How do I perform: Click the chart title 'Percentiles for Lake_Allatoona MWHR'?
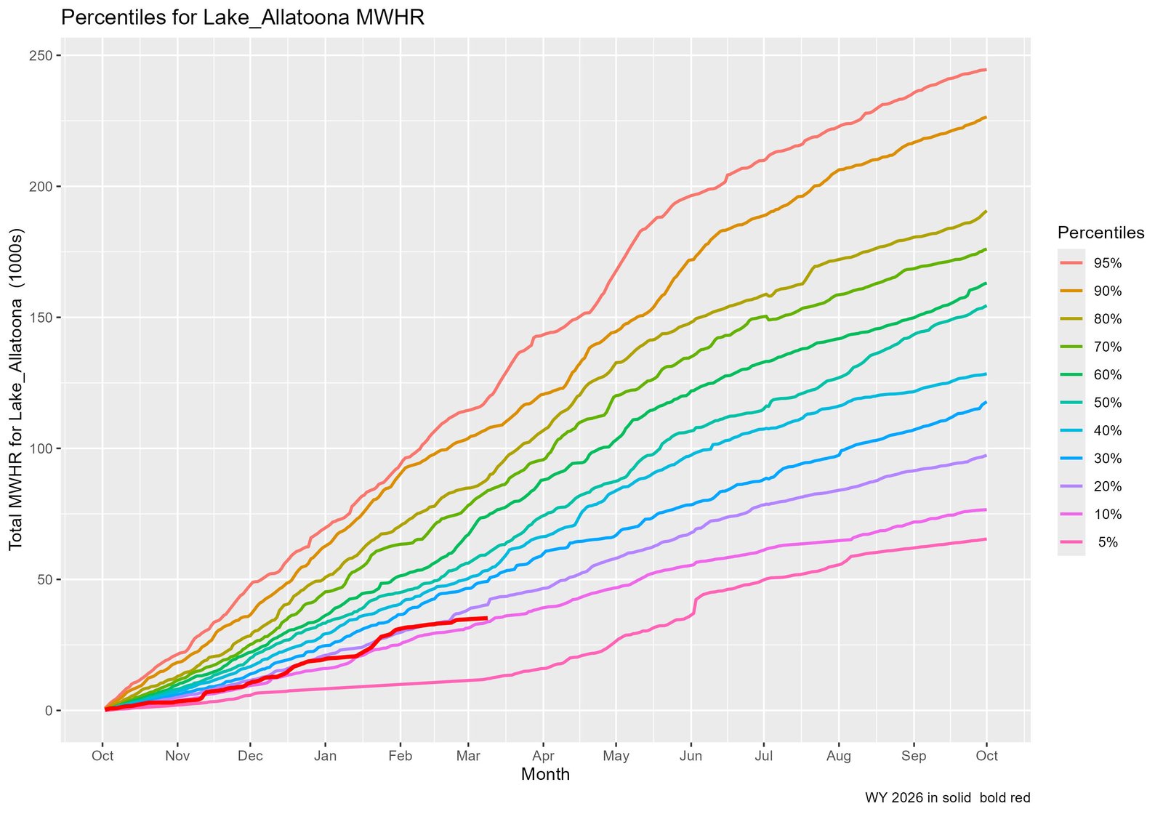click(242, 17)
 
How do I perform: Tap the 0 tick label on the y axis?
click(49, 710)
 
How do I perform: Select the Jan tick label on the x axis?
click(325, 756)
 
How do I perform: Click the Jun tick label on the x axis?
click(691, 756)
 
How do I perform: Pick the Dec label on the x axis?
click(250, 756)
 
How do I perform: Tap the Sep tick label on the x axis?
click(914, 756)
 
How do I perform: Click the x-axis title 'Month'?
click(545, 775)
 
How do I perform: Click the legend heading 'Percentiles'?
click(1100, 233)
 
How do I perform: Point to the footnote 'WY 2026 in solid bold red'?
click(947, 798)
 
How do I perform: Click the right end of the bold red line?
click(486, 618)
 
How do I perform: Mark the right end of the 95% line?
click(986, 70)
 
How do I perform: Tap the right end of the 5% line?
click(986, 539)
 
